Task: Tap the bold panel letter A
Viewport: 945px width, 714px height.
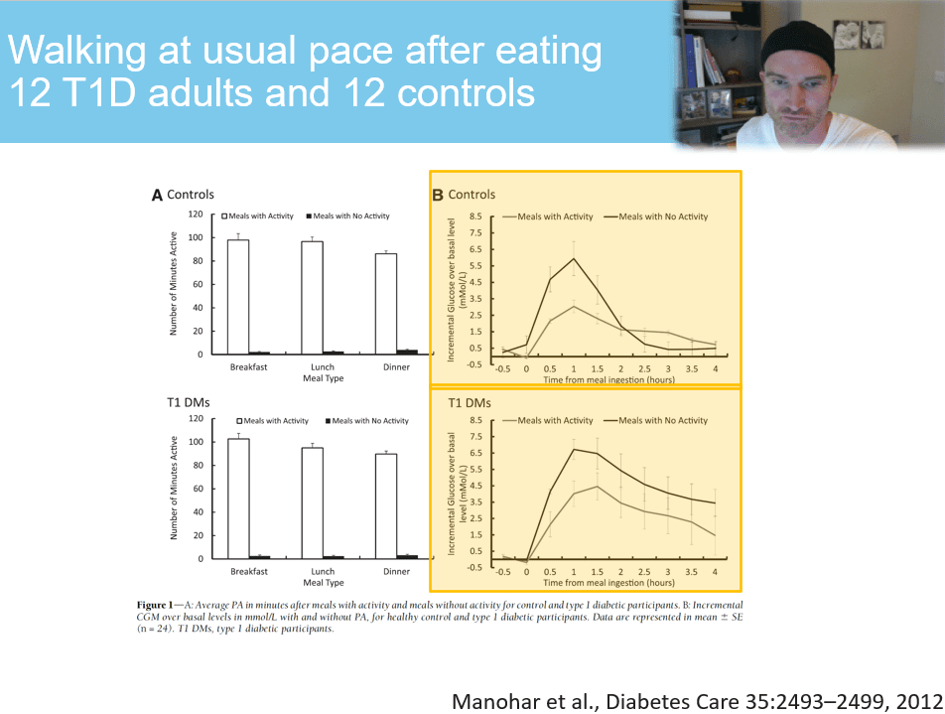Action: pos(157,196)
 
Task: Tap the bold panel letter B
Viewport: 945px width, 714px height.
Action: pos(438,196)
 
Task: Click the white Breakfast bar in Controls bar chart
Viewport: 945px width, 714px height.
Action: pos(238,296)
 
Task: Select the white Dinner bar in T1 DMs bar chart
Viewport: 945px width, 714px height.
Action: pos(385,505)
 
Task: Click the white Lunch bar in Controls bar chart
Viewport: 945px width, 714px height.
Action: pos(312,297)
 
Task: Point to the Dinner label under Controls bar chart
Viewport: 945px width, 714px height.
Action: pos(396,366)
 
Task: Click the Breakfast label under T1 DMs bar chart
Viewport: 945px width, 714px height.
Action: pos(249,571)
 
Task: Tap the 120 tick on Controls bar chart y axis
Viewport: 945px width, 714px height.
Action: pos(196,214)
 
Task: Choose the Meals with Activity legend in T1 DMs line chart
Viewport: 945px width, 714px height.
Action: pos(554,421)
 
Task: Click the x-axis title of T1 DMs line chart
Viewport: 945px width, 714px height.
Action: pos(608,584)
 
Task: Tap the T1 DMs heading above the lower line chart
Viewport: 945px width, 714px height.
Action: pos(470,403)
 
